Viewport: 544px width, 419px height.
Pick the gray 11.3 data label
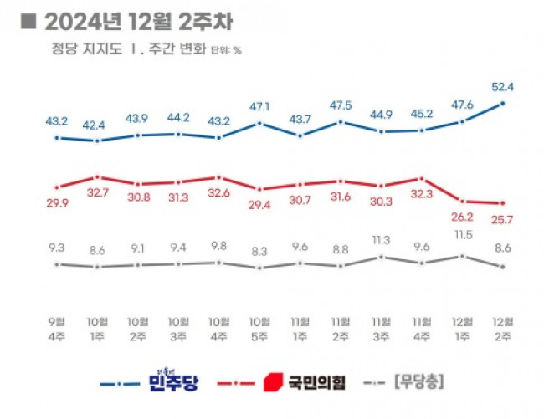tap(381, 240)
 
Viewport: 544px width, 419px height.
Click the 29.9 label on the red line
tap(56, 204)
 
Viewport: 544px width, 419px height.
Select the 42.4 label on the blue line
tap(97, 125)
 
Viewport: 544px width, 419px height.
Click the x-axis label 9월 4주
tap(56, 326)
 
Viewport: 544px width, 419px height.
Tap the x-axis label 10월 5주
tap(259, 326)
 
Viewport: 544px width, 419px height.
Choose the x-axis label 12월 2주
tap(503, 326)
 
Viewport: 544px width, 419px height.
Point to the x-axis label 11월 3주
tap(381, 326)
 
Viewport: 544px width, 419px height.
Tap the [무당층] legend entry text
tap(418, 383)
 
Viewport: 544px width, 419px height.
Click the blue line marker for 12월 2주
tap(503, 103)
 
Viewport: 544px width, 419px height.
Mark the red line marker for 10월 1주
tap(98, 177)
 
